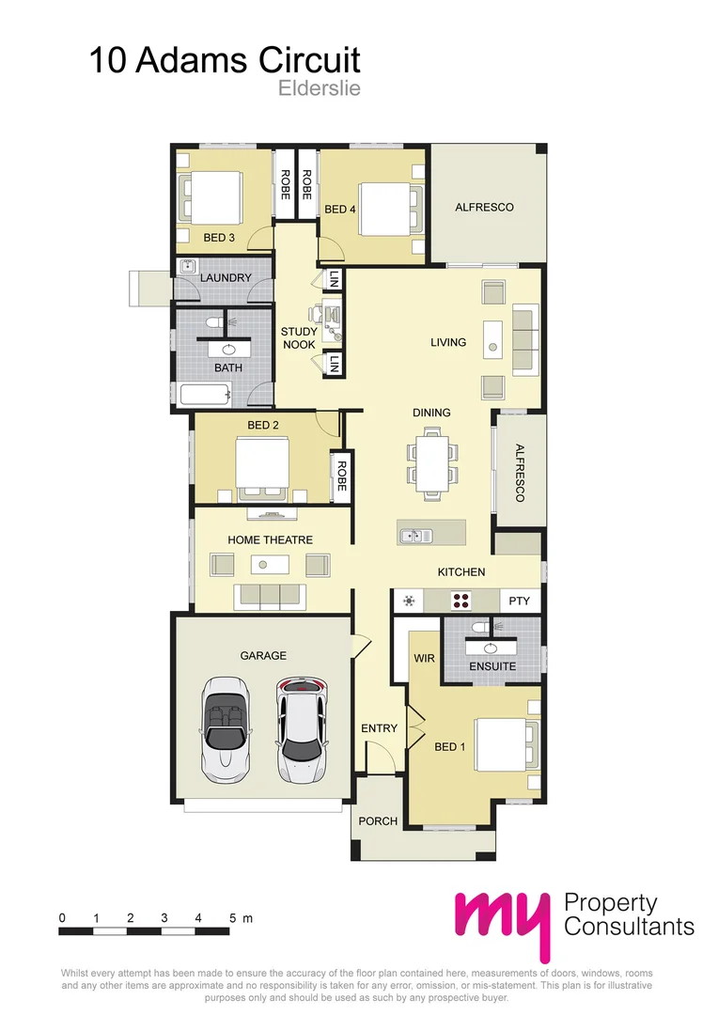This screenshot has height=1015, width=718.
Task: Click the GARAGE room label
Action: (262, 655)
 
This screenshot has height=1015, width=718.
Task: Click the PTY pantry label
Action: (519, 600)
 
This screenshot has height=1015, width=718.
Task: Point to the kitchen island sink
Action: (415, 536)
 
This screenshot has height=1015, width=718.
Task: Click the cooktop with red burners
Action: (461, 600)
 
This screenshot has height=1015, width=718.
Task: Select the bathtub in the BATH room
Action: (204, 395)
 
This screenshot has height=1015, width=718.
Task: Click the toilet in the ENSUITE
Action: (480, 625)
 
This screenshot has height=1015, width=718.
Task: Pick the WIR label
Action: (425, 659)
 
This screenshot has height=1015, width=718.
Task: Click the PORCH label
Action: (378, 820)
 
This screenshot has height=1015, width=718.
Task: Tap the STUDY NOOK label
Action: (299, 338)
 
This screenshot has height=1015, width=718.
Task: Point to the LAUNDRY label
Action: (226, 278)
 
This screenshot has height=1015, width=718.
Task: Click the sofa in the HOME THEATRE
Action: (270, 595)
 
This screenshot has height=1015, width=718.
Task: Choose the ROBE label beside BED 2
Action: (341, 476)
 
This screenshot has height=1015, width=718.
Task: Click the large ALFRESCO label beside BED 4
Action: (484, 207)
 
